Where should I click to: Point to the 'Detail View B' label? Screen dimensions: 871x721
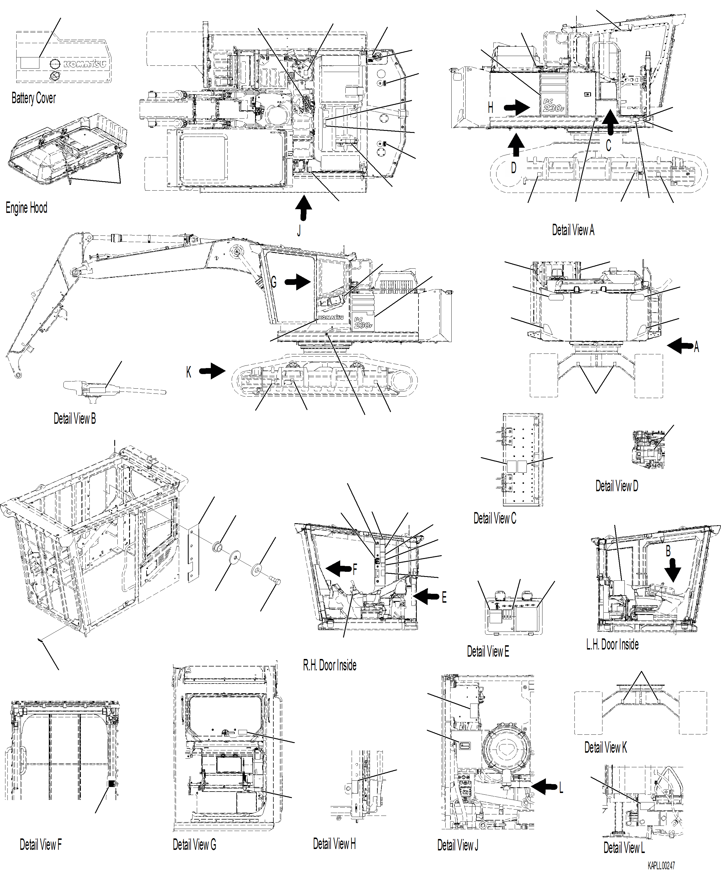pyautogui.click(x=75, y=418)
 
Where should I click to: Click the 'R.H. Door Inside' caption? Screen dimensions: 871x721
pyautogui.click(x=330, y=665)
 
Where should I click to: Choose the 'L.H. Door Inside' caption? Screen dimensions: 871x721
pyautogui.click(x=612, y=644)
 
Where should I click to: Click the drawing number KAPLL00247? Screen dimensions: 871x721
pyautogui.click(x=661, y=866)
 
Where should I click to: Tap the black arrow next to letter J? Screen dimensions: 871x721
pyautogui.click(x=304, y=208)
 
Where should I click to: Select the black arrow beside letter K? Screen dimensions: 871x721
pyautogui.click(x=212, y=371)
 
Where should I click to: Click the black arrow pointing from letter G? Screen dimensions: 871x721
pyautogui.click(x=298, y=282)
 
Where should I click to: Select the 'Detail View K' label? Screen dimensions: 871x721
pyautogui.click(x=605, y=747)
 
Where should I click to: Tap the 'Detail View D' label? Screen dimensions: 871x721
pyautogui.click(x=616, y=486)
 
